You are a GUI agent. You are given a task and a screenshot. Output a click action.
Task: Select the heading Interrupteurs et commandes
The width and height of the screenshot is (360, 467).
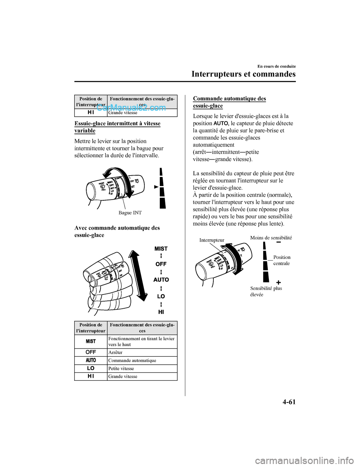point(243,74)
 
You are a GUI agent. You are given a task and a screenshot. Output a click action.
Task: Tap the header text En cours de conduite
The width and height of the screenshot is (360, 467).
point(276,66)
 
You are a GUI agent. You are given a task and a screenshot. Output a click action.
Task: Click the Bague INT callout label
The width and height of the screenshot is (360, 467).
point(130,213)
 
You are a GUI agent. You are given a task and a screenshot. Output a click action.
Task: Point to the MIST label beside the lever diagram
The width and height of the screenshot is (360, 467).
point(161,249)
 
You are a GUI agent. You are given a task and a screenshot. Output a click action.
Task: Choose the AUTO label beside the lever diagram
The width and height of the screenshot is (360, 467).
point(161,280)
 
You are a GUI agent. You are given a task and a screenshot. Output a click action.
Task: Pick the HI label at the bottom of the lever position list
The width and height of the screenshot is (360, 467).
point(161,312)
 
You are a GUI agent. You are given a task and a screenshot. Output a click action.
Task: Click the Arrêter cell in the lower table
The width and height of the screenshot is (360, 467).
point(115,353)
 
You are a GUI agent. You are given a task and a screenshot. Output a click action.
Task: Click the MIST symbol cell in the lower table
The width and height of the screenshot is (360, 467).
point(91,341)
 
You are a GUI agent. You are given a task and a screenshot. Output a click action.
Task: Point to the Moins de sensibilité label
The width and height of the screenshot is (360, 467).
point(271,237)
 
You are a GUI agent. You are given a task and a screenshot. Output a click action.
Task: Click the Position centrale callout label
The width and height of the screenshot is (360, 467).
point(282,260)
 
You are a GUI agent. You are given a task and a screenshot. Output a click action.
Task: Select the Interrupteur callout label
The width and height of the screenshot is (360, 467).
point(212,240)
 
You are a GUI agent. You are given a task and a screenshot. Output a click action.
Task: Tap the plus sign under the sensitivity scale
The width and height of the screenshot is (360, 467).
point(279,282)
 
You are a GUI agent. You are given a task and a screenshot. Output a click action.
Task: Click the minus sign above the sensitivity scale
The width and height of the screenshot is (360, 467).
point(279,245)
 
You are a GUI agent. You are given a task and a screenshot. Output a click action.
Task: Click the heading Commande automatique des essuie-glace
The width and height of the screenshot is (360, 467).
point(229,102)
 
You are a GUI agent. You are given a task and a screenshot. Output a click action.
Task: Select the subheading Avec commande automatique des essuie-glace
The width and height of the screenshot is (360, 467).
point(117,231)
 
